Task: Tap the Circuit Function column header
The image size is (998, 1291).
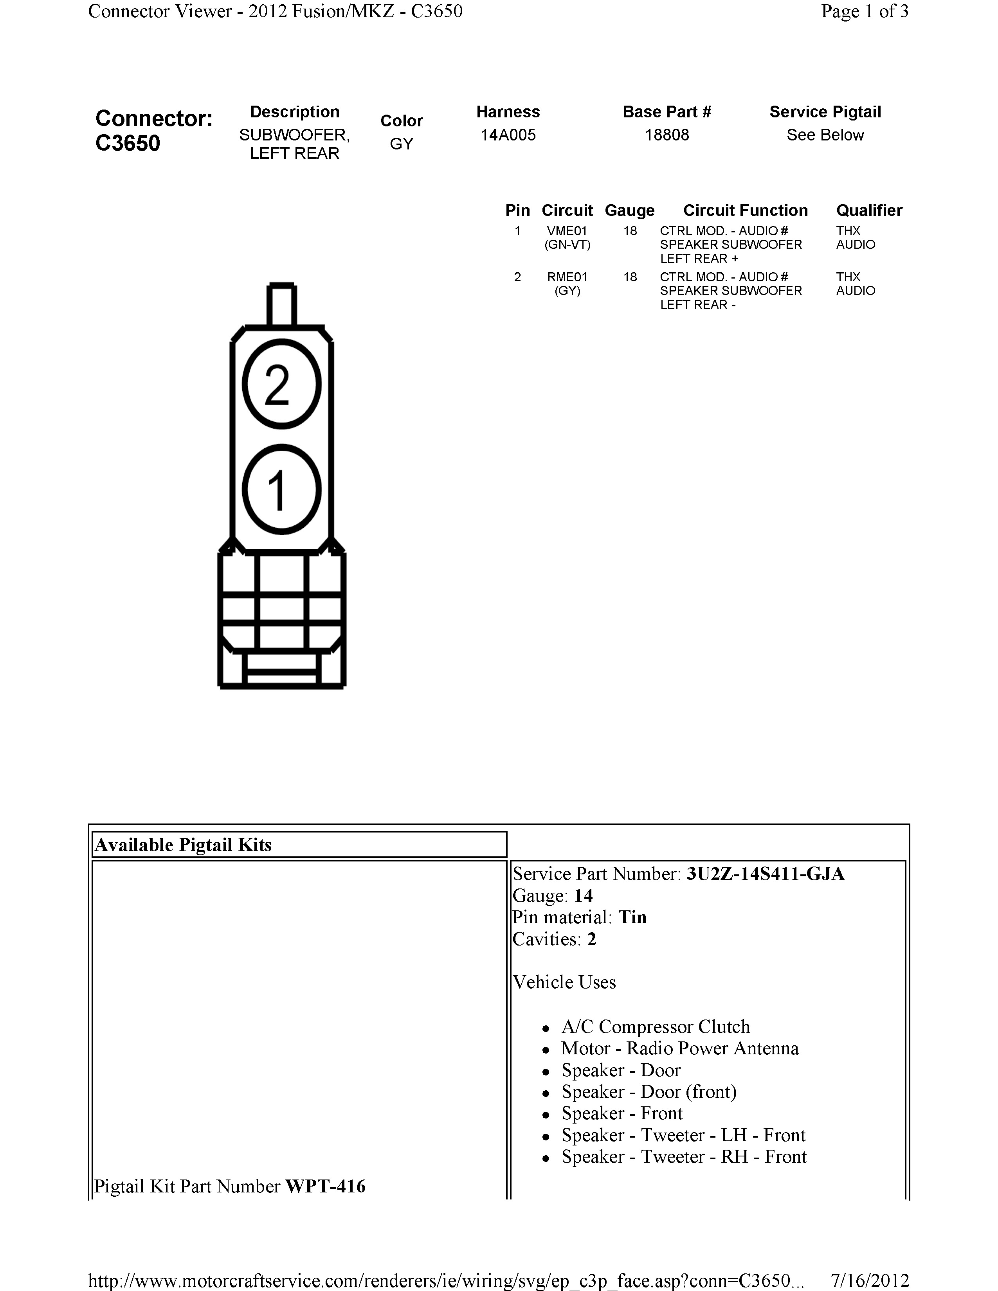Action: [x=745, y=210]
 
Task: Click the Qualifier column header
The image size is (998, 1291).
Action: [x=868, y=210]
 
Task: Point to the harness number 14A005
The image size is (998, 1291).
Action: [x=508, y=135]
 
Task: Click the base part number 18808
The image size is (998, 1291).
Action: [x=667, y=135]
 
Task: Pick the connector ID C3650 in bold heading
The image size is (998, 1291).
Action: [x=128, y=144]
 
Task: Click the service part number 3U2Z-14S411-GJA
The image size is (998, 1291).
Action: [x=765, y=874]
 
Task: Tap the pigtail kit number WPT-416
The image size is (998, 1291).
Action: [x=325, y=1187]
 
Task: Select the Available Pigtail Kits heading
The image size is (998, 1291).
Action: [x=183, y=845]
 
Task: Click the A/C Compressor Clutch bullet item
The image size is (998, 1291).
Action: [x=655, y=1027]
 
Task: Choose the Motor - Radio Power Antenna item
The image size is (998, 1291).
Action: [x=679, y=1048]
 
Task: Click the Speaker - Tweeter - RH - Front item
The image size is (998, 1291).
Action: [x=683, y=1157]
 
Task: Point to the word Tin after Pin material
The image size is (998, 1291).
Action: [x=632, y=917]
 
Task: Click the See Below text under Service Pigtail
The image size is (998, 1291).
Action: [x=825, y=135]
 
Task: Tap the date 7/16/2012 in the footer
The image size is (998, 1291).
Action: [x=870, y=1280]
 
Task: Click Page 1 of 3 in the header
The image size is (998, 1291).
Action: [x=865, y=11]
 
